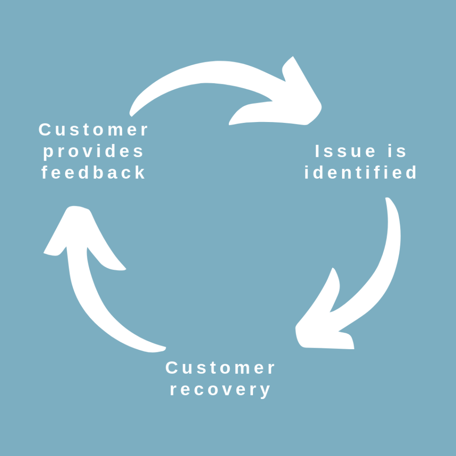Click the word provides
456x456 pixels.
pos(94,152)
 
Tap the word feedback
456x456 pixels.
pos(94,173)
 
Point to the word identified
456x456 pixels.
pos(361,173)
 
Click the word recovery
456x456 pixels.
pos(220,390)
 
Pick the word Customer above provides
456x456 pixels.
pos(94,130)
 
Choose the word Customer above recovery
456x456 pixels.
pos(220,368)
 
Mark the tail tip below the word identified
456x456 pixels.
pos(388,201)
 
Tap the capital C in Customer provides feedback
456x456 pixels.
pos(45,130)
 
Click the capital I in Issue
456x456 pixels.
pos(318,151)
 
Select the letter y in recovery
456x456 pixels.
pos(265,391)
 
